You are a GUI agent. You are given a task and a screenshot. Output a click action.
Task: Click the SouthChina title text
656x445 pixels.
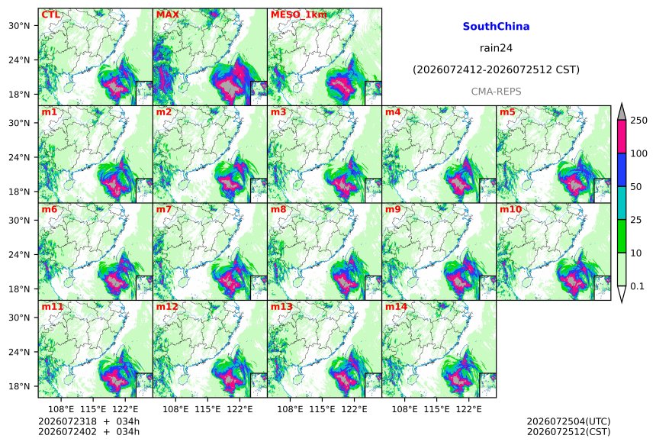point(496,27)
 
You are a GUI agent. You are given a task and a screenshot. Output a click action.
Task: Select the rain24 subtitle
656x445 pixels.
point(496,48)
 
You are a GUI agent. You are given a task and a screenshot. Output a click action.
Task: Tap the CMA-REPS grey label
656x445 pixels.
point(496,92)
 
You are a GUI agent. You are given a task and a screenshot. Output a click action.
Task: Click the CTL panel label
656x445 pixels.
point(50,15)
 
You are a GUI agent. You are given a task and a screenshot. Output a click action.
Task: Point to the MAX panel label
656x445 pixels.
point(167,15)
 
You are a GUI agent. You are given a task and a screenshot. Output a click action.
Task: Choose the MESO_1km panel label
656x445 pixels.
point(299,15)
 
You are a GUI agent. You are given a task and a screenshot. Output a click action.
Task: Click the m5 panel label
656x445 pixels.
point(508,112)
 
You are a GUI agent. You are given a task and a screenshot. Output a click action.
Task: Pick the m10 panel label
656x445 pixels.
point(511,209)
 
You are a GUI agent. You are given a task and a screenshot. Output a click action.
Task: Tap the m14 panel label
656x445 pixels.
point(396,307)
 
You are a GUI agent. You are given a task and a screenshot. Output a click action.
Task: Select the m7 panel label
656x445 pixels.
point(164,209)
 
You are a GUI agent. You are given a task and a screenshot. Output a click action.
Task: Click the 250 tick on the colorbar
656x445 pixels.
point(639,121)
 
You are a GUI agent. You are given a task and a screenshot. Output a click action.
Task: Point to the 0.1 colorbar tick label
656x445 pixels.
point(637,286)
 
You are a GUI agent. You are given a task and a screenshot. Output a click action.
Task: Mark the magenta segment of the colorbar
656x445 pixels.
point(622,137)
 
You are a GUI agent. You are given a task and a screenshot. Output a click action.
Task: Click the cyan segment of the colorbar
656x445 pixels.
point(622,203)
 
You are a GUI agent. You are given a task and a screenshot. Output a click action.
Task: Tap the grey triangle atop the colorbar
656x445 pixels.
point(622,111)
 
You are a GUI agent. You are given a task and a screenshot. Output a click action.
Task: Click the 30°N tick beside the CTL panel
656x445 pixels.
point(19,26)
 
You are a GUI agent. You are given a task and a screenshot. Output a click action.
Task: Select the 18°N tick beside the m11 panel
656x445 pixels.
point(19,386)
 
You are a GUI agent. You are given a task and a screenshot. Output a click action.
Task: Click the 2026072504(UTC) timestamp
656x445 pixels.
point(568,421)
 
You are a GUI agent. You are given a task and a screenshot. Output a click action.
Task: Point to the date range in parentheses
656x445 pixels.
point(496,70)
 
